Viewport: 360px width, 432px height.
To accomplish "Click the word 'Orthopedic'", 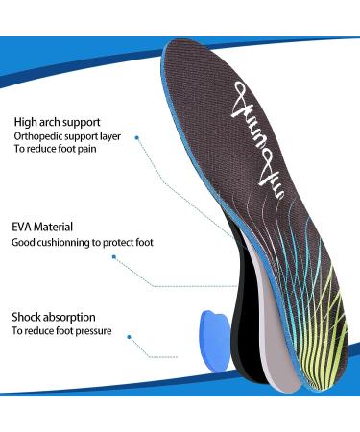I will pyautogui.click(x=38, y=136).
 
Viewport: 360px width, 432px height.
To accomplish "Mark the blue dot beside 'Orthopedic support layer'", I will pyautogui.click(x=137, y=137).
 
